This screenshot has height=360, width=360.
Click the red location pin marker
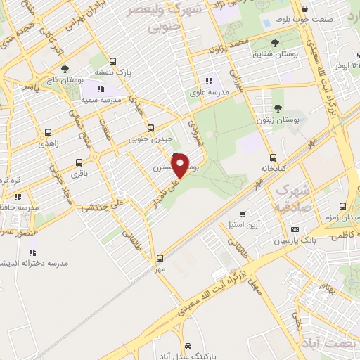181,165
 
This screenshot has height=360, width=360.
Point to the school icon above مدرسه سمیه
101,89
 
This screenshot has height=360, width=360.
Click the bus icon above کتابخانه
273,158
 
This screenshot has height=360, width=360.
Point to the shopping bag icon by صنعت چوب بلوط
304,9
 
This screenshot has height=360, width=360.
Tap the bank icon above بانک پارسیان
294,230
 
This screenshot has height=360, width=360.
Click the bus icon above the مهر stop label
160,258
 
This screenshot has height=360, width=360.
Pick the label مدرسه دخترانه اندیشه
42,264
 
